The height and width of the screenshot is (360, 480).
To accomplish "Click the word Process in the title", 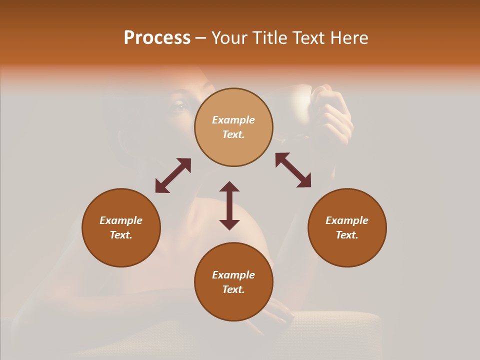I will click(157, 38).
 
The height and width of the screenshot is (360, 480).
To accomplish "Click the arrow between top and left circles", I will click(173, 175).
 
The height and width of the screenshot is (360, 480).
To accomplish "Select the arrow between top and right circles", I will click(293, 170).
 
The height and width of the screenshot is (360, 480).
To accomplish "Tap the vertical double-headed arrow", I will click(229, 205).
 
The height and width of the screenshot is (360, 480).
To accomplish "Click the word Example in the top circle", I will click(233, 120).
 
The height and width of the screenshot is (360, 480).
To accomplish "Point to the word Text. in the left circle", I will click(121, 235).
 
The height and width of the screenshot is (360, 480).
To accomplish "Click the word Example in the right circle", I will click(347, 220).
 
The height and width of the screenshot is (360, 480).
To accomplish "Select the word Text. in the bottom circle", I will click(233, 289).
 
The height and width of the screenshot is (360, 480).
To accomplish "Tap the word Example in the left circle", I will click(121, 220).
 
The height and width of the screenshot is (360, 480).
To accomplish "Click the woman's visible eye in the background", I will click(179, 105).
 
